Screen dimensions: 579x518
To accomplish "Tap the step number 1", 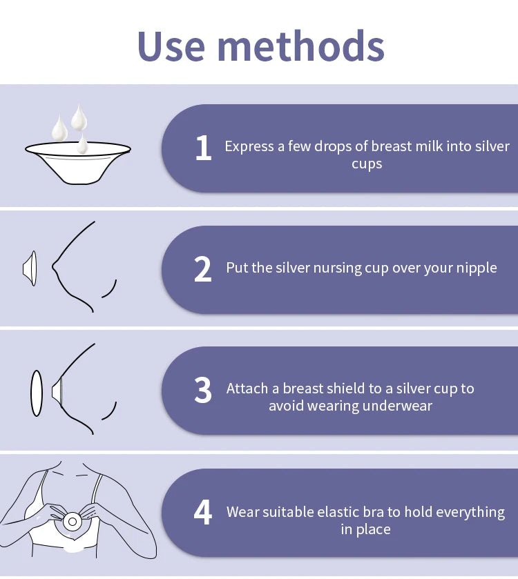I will point(203,148).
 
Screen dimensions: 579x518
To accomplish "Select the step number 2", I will point(203,269).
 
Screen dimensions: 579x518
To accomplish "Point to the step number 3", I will point(203,391).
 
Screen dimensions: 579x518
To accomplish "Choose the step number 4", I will point(203,513).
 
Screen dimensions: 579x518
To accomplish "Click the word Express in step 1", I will point(249,146).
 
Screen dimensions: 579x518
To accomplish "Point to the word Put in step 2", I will point(238,268).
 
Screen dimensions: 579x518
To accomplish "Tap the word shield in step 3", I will point(340,389).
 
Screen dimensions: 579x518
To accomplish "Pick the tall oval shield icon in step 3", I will point(36,393).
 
